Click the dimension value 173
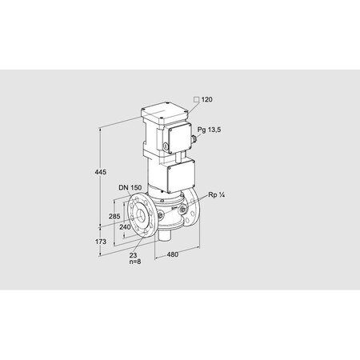[x=90, y=241]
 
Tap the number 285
[x=114, y=217]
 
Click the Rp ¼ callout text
[x=216, y=194]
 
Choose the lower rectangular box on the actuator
[x=180, y=175]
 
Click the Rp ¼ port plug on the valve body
[x=186, y=210]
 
